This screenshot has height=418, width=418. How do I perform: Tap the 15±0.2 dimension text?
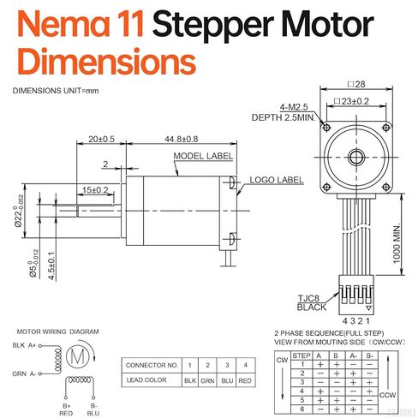tap(94, 190)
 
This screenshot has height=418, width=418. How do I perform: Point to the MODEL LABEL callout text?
tap(203, 156)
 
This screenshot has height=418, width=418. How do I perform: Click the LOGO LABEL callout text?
tap(277, 180)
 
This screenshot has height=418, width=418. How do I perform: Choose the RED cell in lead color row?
tap(244, 379)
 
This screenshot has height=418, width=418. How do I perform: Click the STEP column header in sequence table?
tap(302, 354)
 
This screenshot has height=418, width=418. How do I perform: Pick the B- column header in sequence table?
tap(370, 354)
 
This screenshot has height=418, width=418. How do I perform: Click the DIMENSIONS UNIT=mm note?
tap(51, 91)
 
